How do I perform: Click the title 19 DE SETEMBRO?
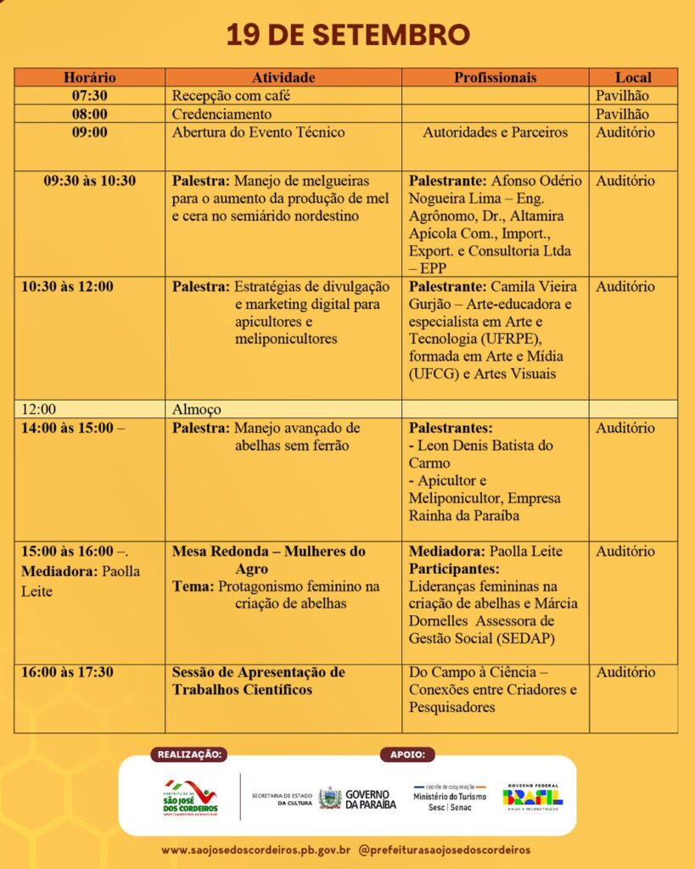click(347, 36)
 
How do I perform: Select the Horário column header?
click(89, 77)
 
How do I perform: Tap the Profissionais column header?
click(495, 77)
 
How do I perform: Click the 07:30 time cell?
click(89, 96)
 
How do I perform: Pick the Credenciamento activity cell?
click(221, 114)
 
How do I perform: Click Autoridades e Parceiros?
click(496, 132)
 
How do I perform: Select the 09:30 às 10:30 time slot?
click(89, 181)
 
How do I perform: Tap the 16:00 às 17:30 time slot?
click(67, 672)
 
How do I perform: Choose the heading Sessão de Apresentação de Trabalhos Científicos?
click(259, 681)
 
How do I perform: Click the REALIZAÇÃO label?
click(191, 754)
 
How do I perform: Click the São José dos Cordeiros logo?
click(190, 798)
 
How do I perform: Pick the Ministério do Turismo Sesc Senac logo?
click(449, 798)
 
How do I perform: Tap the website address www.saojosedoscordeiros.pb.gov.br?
click(256, 849)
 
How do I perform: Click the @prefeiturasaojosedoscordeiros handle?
click(446, 849)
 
